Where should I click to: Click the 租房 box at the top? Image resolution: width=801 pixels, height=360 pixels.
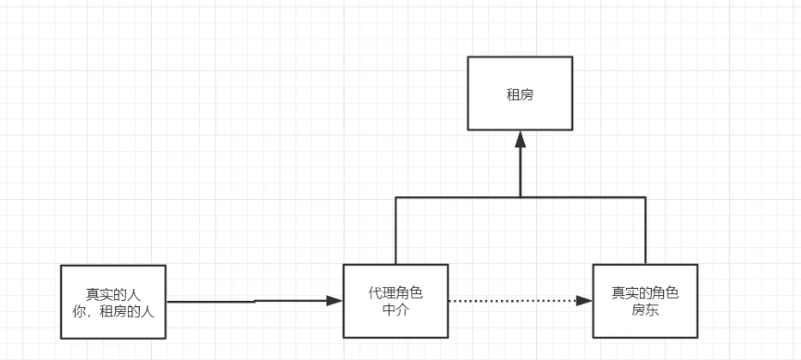pos(520,93)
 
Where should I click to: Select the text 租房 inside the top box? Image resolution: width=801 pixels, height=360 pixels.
pos(520,93)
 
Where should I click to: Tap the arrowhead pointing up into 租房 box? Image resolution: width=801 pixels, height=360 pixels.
pos(520,139)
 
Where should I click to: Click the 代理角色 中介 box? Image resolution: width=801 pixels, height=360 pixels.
pos(395,301)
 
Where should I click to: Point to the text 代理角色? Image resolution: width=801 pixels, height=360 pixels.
pos(395,292)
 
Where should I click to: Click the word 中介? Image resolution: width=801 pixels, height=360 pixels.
pos(395,310)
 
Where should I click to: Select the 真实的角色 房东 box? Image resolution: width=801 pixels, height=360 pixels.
pos(645,301)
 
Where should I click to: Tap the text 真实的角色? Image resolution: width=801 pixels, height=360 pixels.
pos(645,292)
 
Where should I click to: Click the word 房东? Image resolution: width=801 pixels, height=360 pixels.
pos(645,310)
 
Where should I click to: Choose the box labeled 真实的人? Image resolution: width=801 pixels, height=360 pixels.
pos(114,301)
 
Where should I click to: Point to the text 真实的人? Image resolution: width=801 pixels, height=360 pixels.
pos(114,292)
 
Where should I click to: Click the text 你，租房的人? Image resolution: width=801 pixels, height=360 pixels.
pos(114,310)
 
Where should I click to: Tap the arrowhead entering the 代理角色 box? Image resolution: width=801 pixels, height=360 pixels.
pos(334,301)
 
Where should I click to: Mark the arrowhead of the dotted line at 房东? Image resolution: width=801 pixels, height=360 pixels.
pos(583,301)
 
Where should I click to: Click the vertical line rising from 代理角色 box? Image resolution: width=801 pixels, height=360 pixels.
pos(396,231)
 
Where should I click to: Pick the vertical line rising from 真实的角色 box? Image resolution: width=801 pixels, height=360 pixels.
pos(645,231)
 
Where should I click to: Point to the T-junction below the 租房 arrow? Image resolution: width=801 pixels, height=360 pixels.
pos(520,197)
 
